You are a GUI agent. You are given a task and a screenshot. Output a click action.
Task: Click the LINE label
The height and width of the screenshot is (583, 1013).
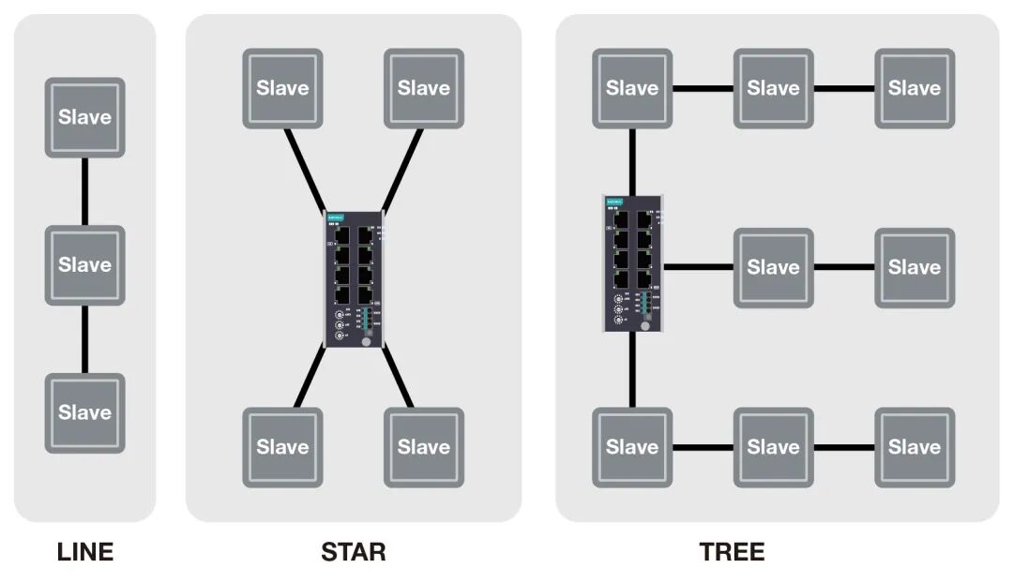pyautogui.click(x=85, y=552)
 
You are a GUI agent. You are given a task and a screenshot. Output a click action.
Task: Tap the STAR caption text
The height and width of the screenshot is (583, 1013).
pyautogui.click(x=353, y=552)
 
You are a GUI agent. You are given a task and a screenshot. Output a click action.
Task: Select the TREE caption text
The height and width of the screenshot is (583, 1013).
pyautogui.click(x=732, y=552)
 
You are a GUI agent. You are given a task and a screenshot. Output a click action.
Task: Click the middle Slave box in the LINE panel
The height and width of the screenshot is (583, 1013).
pyautogui.click(x=85, y=265)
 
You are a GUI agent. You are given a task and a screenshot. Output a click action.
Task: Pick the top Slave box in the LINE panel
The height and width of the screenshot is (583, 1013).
pyautogui.click(x=85, y=117)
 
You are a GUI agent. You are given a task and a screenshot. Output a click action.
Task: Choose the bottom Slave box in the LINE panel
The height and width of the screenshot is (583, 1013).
pyautogui.click(x=85, y=412)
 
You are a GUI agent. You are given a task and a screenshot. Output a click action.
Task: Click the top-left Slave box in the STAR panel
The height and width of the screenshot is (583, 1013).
pyautogui.click(x=282, y=88)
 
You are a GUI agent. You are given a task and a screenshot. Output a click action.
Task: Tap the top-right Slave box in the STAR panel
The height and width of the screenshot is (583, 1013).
pyautogui.click(x=424, y=88)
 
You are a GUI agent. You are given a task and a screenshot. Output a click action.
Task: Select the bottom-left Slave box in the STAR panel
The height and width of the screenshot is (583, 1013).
pyautogui.click(x=282, y=447)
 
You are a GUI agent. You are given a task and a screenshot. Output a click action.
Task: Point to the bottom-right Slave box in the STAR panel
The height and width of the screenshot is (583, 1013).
pyautogui.click(x=424, y=447)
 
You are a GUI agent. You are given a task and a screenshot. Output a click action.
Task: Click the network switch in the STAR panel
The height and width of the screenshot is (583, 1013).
pyautogui.click(x=354, y=279)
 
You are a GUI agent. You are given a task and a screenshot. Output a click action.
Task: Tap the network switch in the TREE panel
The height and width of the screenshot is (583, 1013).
pyautogui.click(x=633, y=263)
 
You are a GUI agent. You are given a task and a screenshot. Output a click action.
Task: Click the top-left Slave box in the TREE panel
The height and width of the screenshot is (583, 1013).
pyautogui.click(x=632, y=88)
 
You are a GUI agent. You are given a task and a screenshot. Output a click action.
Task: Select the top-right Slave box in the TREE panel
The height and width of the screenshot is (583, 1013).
pyautogui.click(x=915, y=88)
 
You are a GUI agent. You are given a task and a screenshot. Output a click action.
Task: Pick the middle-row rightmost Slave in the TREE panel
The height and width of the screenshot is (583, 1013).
pyautogui.click(x=915, y=267)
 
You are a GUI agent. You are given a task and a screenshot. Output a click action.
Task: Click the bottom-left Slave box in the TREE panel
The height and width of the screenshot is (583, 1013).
pyautogui.click(x=632, y=447)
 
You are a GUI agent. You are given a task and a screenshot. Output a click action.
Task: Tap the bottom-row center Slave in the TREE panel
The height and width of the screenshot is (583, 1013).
pyautogui.click(x=773, y=447)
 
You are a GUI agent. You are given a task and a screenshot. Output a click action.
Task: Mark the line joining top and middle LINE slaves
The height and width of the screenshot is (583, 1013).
pyautogui.click(x=85, y=191)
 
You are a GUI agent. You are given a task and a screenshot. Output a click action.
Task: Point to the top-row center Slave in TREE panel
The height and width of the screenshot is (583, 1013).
pyautogui.click(x=773, y=88)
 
